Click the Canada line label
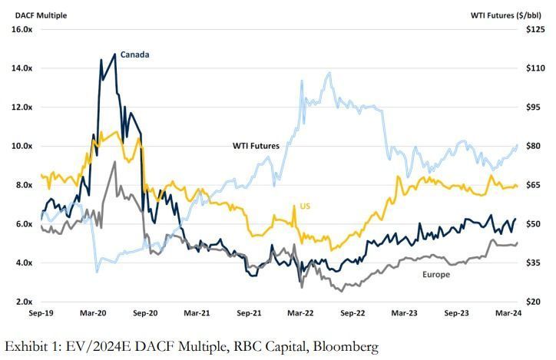coord(135,54)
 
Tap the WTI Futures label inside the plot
coord(259,144)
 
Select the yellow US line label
coord(303,207)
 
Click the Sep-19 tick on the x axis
coord(41,313)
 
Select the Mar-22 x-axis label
coord(301,313)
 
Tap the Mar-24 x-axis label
coord(508,313)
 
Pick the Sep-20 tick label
coord(145,313)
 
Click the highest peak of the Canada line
coord(115,54)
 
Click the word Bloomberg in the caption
coord(343,347)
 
